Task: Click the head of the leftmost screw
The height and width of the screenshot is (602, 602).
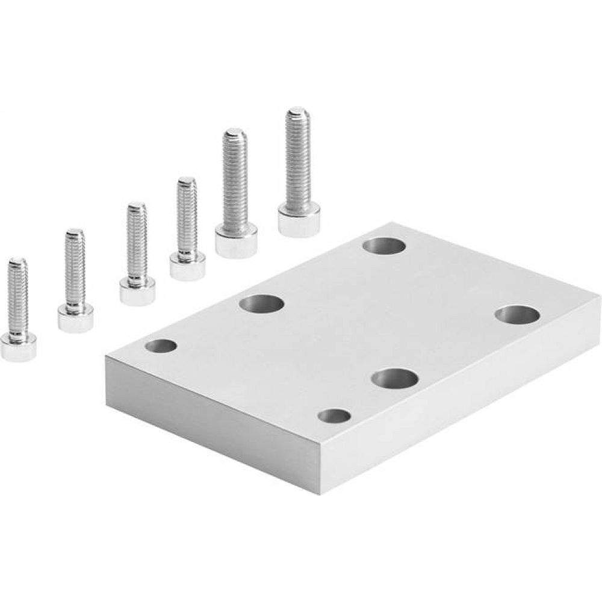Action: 18,347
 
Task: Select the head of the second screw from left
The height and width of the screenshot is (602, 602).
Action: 75,317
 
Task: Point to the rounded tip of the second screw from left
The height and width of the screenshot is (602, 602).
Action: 75,232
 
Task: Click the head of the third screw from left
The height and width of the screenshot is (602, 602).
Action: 137,291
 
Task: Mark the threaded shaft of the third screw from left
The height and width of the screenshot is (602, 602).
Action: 137,241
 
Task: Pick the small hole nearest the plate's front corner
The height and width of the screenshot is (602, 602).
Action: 334,416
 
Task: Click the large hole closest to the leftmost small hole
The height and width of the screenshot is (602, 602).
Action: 261,303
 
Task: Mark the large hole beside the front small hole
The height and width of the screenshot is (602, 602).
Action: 394,379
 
